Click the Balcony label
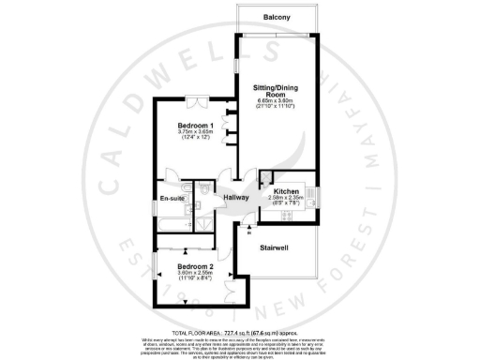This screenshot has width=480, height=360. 276,18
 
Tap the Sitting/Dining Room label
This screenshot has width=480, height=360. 276,90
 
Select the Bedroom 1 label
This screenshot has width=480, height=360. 197,126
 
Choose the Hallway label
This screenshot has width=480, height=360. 237,197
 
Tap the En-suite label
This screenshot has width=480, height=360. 172,198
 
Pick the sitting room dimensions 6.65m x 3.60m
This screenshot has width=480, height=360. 276,100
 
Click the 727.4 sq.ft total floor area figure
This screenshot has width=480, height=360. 223,333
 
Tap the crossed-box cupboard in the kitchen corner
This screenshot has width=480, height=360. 266,175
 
